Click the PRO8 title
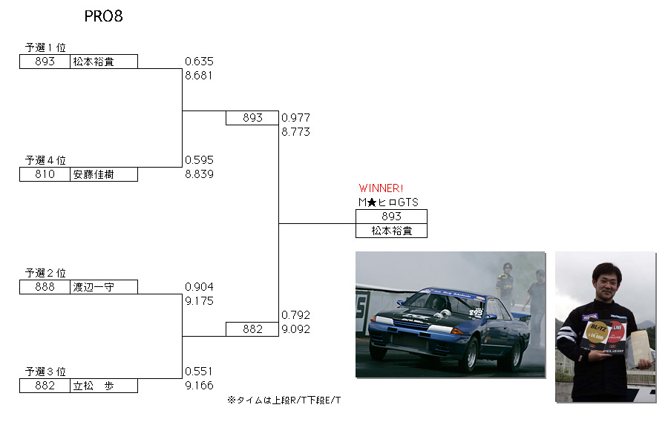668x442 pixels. coord(103,17)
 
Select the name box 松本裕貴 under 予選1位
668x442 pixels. coord(104,62)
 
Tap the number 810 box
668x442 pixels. coord(45,174)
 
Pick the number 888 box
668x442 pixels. coord(45,287)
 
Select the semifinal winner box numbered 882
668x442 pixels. coord(252,329)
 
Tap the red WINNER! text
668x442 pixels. coord(381,188)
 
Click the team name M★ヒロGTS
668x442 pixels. coord(387,202)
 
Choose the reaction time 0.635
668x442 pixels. coord(199,62)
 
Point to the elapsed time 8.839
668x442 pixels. coord(199,174)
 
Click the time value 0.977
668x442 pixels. coord(295,118)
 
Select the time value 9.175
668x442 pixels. coord(199,301)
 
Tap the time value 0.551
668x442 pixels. coord(199,372)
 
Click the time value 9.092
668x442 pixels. coord(295,329)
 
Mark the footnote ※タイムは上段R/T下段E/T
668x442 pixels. coord(284,400)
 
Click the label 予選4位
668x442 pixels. coord(45,160)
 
